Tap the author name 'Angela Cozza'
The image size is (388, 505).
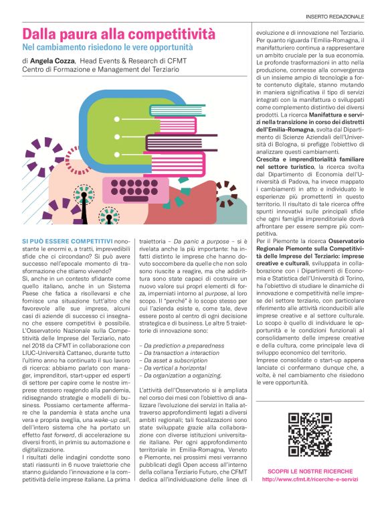53,60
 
